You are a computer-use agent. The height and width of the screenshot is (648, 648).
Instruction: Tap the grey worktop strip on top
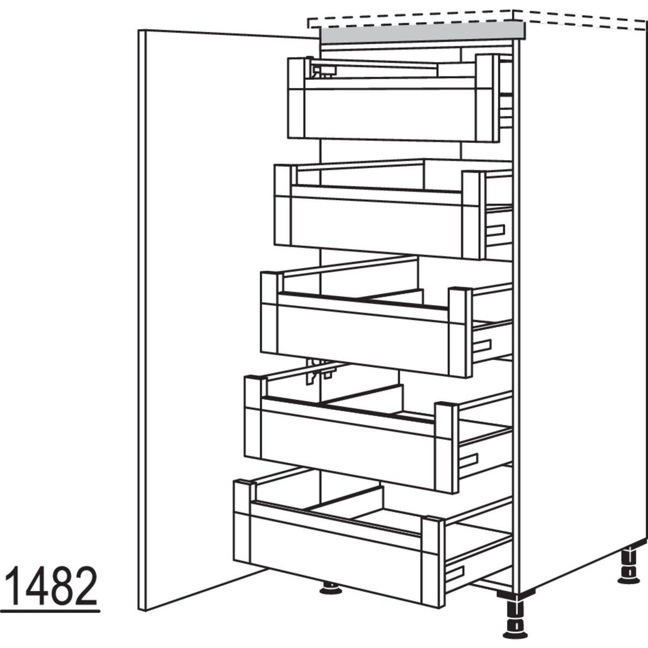point(421,33)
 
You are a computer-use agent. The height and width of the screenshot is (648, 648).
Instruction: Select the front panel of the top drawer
point(389,113)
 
